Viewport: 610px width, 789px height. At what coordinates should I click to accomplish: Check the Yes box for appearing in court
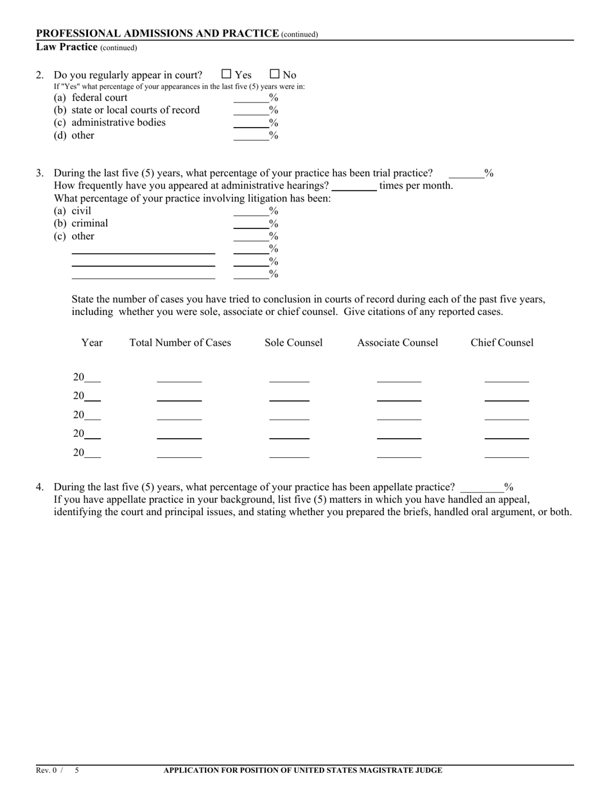click(x=226, y=74)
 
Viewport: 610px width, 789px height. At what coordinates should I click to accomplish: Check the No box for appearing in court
click(x=275, y=74)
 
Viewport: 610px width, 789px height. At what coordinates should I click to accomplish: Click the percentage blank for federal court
click(x=251, y=98)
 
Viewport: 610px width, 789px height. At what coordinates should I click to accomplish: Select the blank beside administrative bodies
click(x=251, y=123)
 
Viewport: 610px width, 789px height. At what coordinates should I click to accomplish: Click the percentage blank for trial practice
click(x=466, y=173)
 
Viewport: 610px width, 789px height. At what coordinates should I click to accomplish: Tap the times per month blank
click(x=354, y=186)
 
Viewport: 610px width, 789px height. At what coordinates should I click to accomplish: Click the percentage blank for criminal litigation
click(x=251, y=224)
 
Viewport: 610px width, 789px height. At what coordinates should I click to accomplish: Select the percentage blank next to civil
click(x=251, y=212)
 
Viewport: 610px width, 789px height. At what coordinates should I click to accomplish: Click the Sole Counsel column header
click(x=293, y=343)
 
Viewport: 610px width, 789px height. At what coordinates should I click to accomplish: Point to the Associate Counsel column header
click(x=397, y=343)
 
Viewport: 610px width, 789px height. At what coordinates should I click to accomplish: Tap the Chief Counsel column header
click(x=501, y=343)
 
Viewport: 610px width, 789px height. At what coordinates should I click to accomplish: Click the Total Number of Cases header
click(x=180, y=343)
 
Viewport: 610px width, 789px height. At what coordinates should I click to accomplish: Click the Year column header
click(x=92, y=343)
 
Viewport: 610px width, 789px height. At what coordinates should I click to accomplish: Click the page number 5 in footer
click(x=76, y=770)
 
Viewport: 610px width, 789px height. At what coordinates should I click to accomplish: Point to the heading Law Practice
click(x=67, y=47)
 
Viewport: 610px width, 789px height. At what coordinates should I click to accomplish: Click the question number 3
click(x=40, y=173)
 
